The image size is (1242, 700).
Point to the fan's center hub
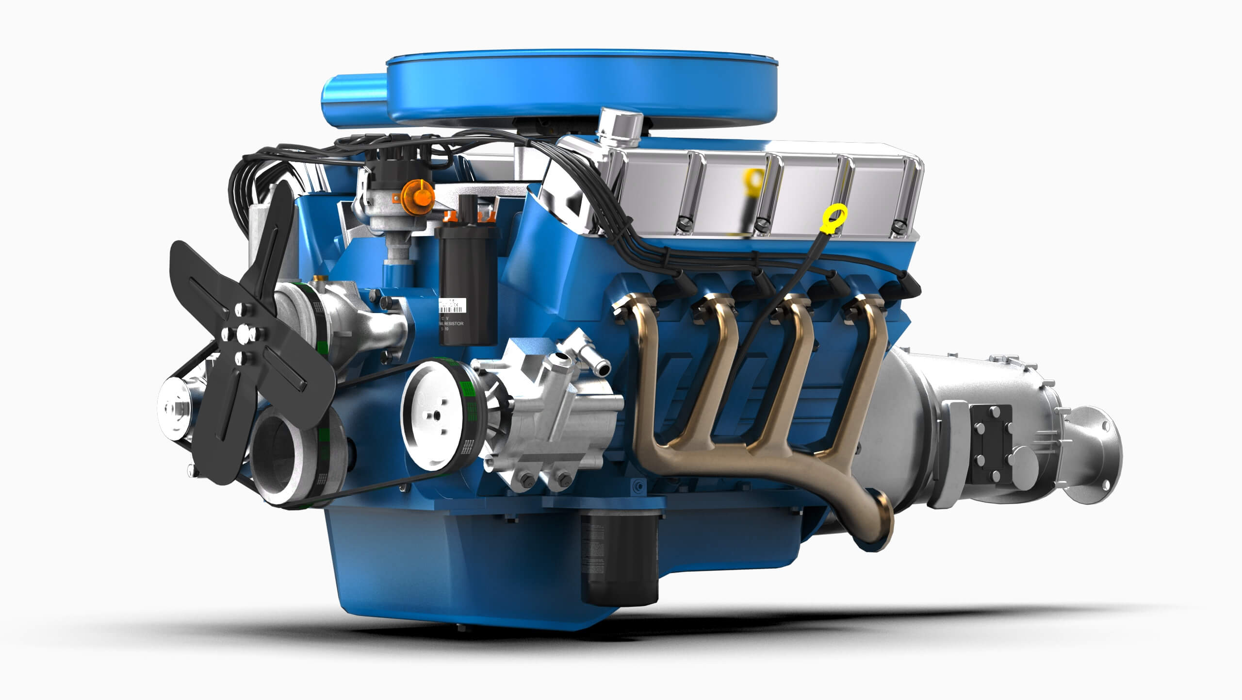point(241,334)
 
